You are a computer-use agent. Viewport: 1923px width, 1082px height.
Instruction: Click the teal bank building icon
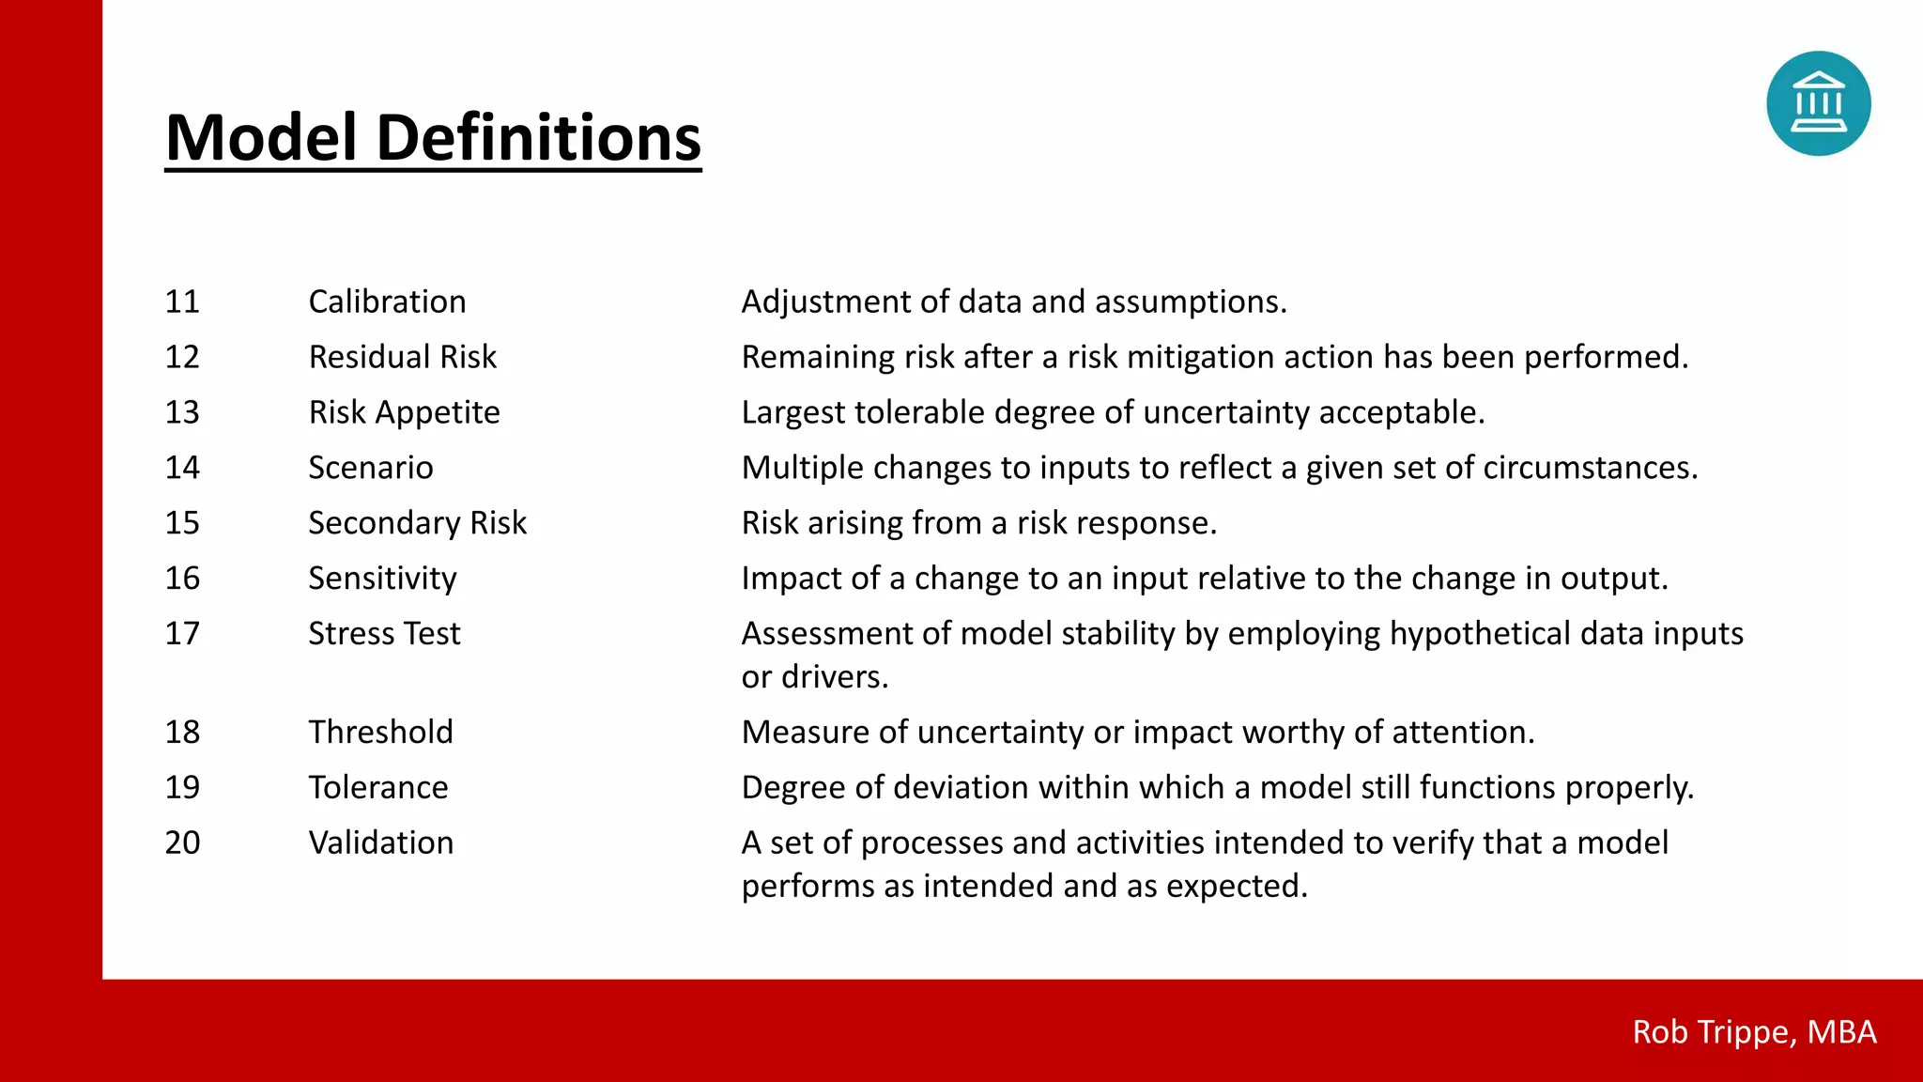(1818, 103)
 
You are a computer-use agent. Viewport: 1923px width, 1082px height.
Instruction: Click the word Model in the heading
(261, 137)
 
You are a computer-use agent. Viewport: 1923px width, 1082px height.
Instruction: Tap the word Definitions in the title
(538, 137)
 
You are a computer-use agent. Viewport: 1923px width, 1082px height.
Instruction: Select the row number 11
(182, 301)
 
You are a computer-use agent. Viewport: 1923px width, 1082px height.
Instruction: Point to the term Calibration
(387, 301)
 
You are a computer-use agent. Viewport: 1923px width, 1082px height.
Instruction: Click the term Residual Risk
(402, 357)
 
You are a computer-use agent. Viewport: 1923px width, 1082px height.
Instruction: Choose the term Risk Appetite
(404, 412)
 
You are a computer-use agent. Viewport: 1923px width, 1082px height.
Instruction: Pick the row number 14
(182, 468)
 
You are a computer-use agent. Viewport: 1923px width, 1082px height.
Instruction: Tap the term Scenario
(371, 468)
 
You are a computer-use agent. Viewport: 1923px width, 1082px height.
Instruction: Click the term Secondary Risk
(417, 523)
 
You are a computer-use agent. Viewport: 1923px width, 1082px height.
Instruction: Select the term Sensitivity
(382, 579)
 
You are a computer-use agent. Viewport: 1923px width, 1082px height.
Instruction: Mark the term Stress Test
(384, 634)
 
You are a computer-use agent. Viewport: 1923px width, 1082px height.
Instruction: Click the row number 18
(182, 732)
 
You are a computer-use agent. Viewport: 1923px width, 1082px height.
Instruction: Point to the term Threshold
(380, 732)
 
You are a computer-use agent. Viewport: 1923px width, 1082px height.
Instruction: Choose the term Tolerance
(378, 787)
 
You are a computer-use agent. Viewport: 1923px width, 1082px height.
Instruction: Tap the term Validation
(380, 842)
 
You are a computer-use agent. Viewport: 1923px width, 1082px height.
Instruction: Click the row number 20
(182, 842)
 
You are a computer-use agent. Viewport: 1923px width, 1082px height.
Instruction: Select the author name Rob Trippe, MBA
(1754, 1032)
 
